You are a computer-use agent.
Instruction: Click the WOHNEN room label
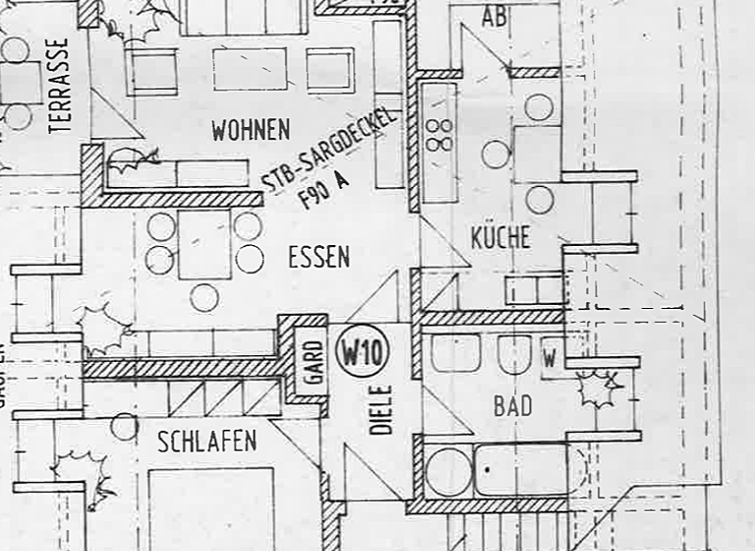[x=251, y=130]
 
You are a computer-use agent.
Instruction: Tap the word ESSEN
[x=319, y=258]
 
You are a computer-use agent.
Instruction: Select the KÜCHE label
[x=500, y=237]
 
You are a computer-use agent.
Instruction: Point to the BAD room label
[x=512, y=405]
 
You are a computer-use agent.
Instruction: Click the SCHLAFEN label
[x=206, y=441]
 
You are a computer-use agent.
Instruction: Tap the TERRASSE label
[x=60, y=86]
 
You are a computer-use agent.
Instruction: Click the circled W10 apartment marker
[x=363, y=350]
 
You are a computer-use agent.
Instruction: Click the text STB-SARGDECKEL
[x=331, y=149]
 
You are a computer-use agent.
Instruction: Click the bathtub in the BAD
[x=521, y=470]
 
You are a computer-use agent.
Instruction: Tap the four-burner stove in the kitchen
[x=439, y=135]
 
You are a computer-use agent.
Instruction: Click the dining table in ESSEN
[x=204, y=243]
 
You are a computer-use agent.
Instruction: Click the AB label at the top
[x=495, y=17]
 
